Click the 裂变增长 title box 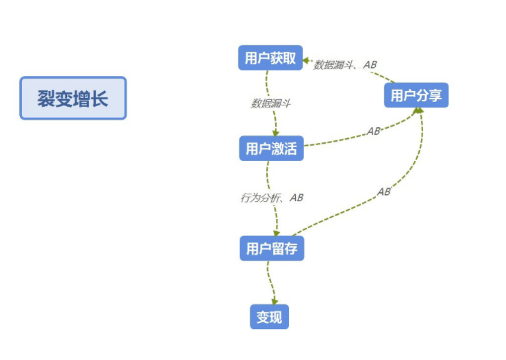pyautogui.click(x=73, y=98)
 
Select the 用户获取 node pyautogui.click(x=270, y=58)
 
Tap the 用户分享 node pyautogui.click(x=416, y=95)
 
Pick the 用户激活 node pyautogui.click(x=271, y=149)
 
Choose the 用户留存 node pyautogui.click(x=271, y=248)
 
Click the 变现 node pyautogui.click(x=269, y=318)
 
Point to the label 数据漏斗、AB pyautogui.click(x=345, y=65)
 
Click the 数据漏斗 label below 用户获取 pyautogui.click(x=271, y=103)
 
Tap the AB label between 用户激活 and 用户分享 pyautogui.click(x=373, y=131)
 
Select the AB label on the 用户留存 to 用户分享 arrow pyautogui.click(x=383, y=192)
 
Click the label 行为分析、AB pyautogui.click(x=271, y=197)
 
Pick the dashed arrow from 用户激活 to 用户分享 pyautogui.click(x=356, y=139)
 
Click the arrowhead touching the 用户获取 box pyautogui.click(x=306, y=59)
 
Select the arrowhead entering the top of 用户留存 pyautogui.click(x=277, y=233)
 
